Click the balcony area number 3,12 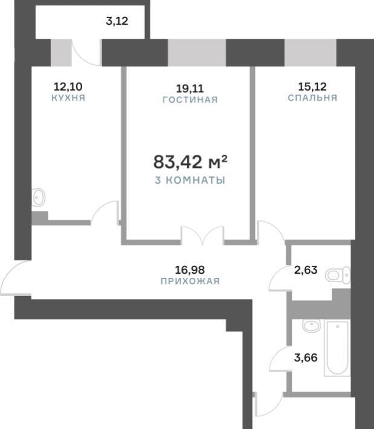[x=117, y=21]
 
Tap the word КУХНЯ [x=68, y=98]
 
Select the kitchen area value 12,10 [x=68, y=87]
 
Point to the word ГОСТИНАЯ [x=190, y=100]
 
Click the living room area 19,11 [x=190, y=89]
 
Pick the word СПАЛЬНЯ [x=312, y=98]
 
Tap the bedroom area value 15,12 [x=312, y=87]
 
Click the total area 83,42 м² [x=190, y=161]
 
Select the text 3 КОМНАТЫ [x=190, y=180]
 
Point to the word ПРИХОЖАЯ [x=190, y=281]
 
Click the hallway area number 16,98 [x=190, y=270]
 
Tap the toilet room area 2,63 [x=306, y=270]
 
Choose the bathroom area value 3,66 [x=306, y=358]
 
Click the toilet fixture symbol [x=338, y=276]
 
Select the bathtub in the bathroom [x=337, y=348]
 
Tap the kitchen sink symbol [x=39, y=197]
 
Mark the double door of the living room [x=202, y=235]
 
